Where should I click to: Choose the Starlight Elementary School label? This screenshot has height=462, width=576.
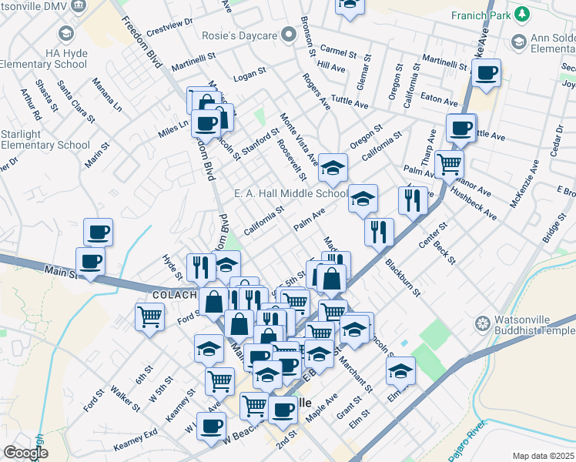click(45, 139)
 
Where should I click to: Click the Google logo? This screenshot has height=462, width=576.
click(25, 453)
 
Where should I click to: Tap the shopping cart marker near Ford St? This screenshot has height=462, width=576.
click(149, 315)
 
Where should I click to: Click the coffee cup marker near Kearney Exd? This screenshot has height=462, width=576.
click(210, 427)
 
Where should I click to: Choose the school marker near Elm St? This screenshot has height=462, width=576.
click(400, 372)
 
